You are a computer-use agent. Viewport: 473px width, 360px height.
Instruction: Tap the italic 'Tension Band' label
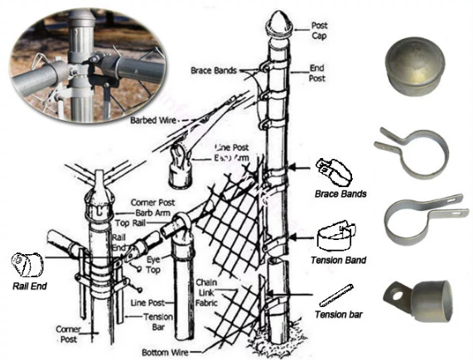point(338,260)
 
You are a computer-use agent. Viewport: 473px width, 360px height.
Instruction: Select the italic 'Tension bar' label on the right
point(335,315)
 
